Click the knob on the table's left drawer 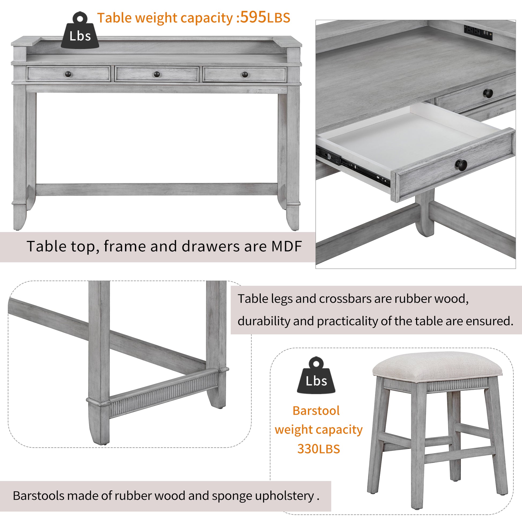pos(68,74)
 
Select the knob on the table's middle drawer pos(157,74)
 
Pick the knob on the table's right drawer pos(245,74)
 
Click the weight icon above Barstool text pos(316,376)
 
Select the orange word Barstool pos(316,411)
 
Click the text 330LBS pos(319,449)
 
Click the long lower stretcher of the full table pos(157,189)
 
